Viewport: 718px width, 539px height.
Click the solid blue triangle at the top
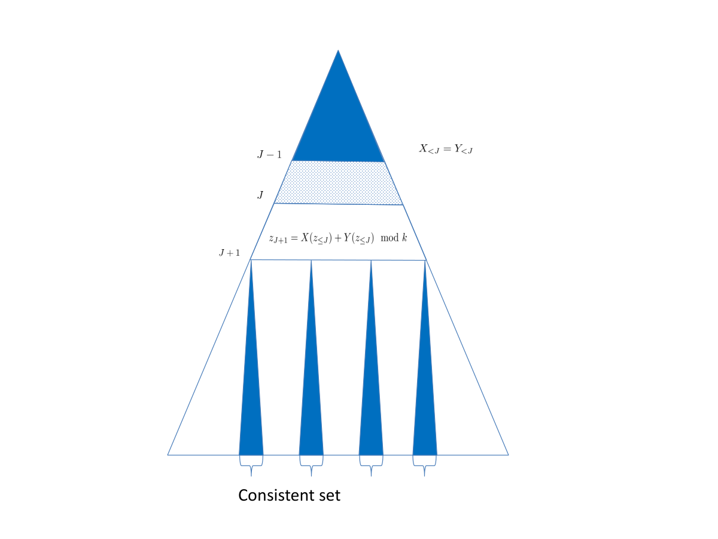pyautogui.click(x=338, y=125)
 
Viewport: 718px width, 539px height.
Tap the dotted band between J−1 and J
pyautogui.click(x=338, y=183)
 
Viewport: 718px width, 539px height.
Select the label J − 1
pyautogui.click(x=269, y=155)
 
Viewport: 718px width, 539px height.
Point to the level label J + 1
pyautogui.click(x=230, y=253)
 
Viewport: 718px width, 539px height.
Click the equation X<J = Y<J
pyautogui.click(x=446, y=149)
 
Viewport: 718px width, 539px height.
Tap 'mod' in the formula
pyautogui.click(x=390, y=238)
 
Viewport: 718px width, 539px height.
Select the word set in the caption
pyautogui.click(x=330, y=495)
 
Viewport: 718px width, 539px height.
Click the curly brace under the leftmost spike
pyautogui.click(x=251, y=465)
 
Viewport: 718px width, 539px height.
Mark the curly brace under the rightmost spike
pyautogui.click(x=425, y=465)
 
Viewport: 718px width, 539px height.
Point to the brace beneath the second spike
pyautogui.click(x=311, y=465)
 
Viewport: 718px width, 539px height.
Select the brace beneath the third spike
pyautogui.click(x=371, y=465)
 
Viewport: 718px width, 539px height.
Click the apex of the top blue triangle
pyautogui.click(x=338, y=50)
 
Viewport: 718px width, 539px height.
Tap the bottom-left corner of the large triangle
pyautogui.click(x=168, y=455)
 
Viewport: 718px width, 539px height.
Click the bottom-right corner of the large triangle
pyautogui.click(x=509, y=455)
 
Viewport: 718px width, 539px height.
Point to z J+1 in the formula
pyautogui.click(x=278, y=239)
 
